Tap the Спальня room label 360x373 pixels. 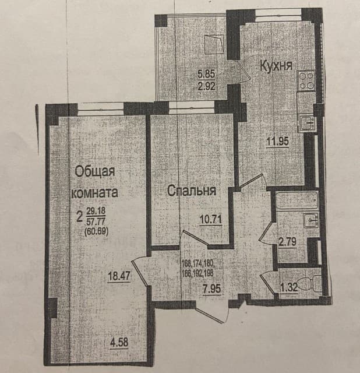point(192,191)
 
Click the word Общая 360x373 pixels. point(94,171)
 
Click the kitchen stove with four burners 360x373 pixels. point(306,80)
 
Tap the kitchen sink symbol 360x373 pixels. point(306,122)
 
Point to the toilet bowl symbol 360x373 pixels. point(313,283)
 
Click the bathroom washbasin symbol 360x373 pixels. point(310,221)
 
